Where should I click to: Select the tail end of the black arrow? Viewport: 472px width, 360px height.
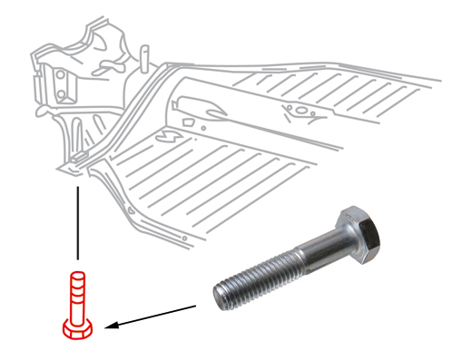coord(196,307)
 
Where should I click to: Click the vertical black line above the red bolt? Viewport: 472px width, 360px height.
coord(77,227)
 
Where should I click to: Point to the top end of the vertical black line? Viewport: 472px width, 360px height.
coord(77,188)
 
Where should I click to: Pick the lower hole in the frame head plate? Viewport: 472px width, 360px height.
coord(62,91)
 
